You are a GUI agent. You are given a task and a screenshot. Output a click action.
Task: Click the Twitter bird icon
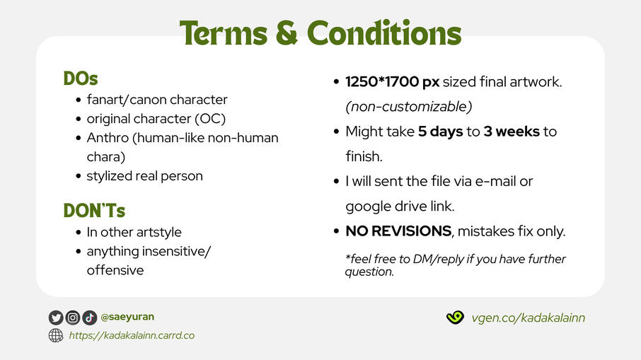(56, 318)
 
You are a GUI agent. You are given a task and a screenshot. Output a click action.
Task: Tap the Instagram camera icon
(73, 318)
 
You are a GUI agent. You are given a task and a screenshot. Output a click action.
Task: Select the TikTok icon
(90, 318)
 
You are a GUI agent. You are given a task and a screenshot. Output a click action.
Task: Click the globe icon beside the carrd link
(56, 335)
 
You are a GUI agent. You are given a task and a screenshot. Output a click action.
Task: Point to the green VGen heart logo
(455, 317)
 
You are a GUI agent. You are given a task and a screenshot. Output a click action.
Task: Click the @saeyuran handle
(127, 317)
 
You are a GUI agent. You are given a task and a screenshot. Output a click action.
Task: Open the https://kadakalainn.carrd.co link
(132, 335)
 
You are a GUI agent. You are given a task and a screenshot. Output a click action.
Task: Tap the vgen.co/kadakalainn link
(529, 318)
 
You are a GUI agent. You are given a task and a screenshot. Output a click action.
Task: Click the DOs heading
(81, 79)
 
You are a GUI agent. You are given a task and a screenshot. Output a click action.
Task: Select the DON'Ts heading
(94, 211)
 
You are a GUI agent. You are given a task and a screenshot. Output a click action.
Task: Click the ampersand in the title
(287, 33)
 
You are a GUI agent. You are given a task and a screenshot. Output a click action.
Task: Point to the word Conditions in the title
(384, 33)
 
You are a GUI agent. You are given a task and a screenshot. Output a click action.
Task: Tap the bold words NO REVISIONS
(398, 231)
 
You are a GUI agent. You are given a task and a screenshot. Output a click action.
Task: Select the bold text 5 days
(440, 132)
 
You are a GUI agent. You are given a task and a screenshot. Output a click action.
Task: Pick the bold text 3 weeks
(512, 132)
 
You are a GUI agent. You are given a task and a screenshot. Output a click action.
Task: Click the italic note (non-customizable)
(409, 107)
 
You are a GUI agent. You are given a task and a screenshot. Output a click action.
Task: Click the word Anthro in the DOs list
(108, 138)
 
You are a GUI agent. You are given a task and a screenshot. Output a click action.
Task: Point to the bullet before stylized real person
(79, 176)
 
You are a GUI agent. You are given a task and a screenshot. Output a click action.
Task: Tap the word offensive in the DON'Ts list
(115, 270)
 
